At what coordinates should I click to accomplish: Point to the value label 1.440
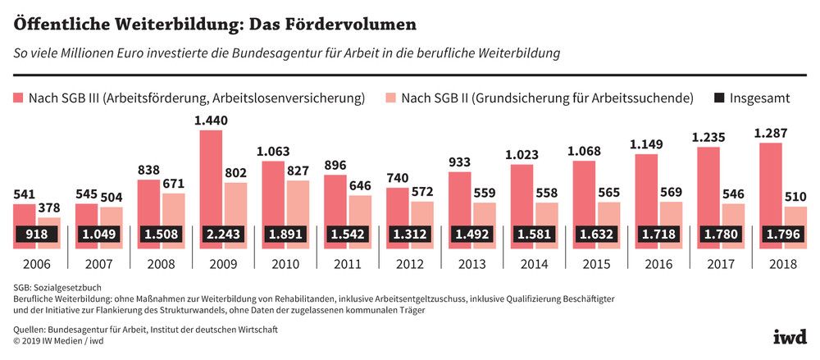coord(212,121)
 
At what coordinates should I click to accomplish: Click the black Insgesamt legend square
coord(719,98)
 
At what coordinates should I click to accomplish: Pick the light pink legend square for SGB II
coord(390,98)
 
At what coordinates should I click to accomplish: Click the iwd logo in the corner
coord(789,337)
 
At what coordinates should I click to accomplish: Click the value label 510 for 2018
coord(795,198)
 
